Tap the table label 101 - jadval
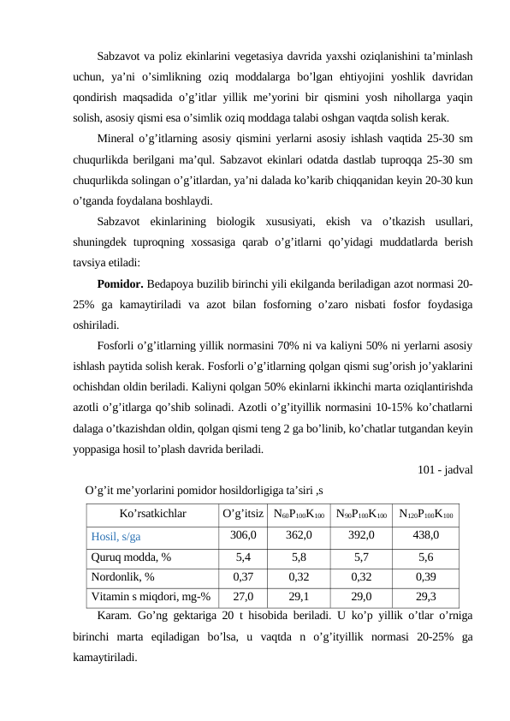click(x=446, y=469)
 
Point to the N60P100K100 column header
click(x=299, y=515)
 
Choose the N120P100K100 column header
click(x=425, y=515)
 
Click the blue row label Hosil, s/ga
click(x=116, y=536)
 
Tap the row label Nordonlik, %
click(x=123, y=577)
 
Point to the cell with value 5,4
click(x=243, y=557)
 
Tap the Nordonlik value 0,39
click(x=425, y=577)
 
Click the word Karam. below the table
click(x=114, y=617)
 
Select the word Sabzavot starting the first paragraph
click(x=118, y=57)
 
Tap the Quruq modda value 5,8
click(x=299, y=557)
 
